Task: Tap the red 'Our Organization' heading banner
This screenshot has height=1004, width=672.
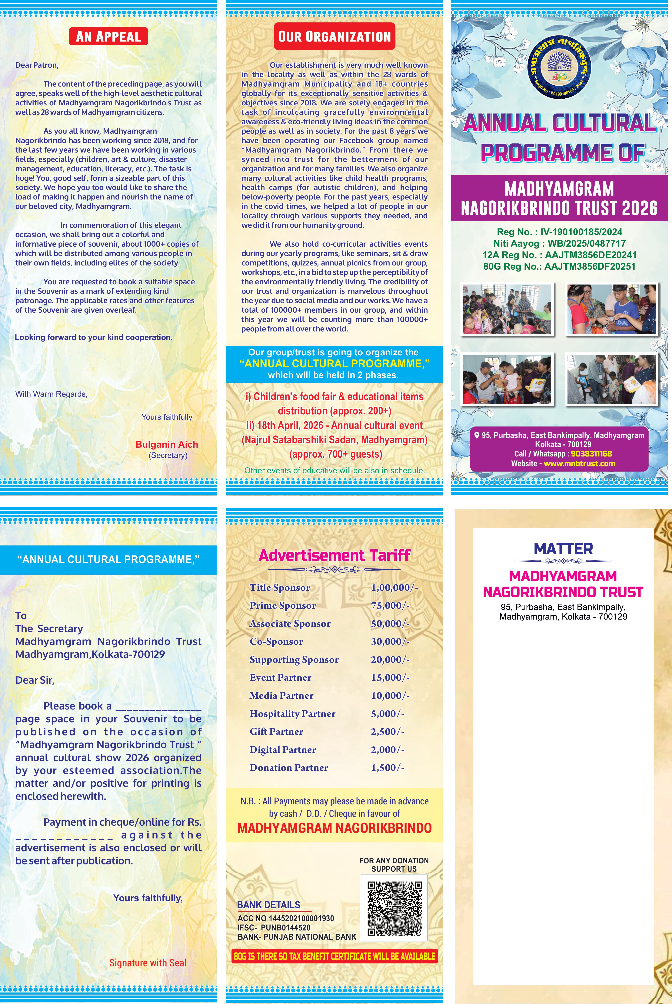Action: pyautogui.click(x=334, y=36)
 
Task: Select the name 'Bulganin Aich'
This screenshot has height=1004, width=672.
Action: pyautogui.click(x=167, y=444)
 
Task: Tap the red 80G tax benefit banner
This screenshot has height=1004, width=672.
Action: pyautogui.click(x=334, y=956)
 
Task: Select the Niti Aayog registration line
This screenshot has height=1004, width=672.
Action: pyautogui.click(x=559, y=243)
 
